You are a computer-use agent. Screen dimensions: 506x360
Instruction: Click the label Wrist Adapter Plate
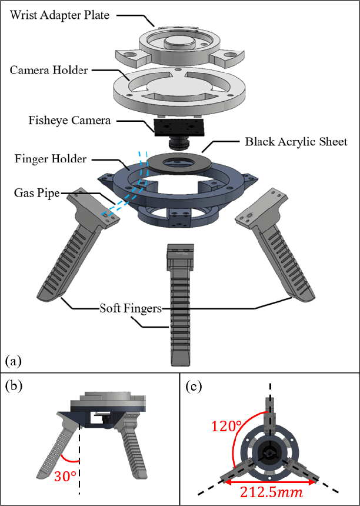pos(59,15)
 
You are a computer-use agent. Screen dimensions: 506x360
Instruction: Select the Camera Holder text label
pos(49,70)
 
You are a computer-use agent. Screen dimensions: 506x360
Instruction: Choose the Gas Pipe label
pos(36,193)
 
